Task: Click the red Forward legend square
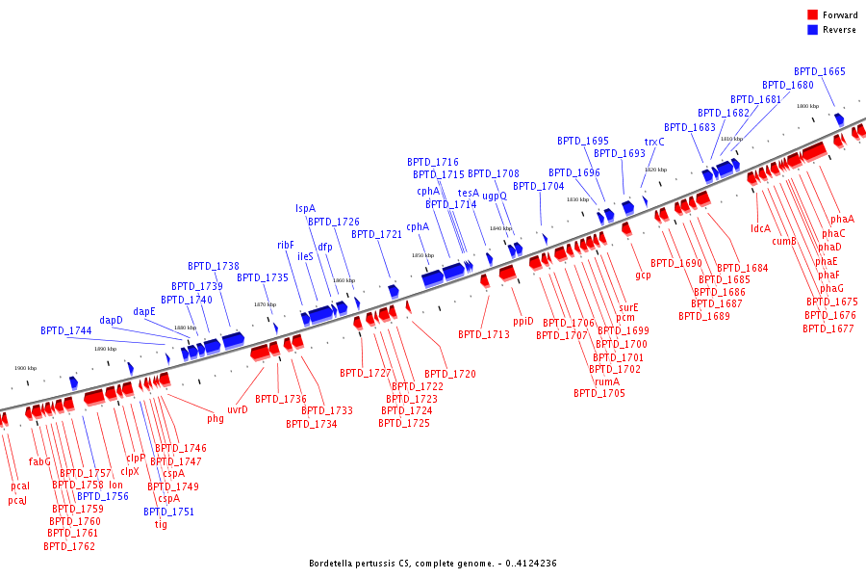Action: pyautogui.click(x=812, y=15)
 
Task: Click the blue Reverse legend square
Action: pyautogui.click(x=812, y=30)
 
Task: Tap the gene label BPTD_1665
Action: pyautogui.click(x=820, y=71)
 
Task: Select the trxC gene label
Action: pyautogui.click(x=654, y=142)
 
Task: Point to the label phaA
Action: pyautogui.click(x=842, y=219)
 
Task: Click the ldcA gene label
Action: pyautogui.click(x=760, y=228)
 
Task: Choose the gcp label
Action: pyautogui.click(x=643, y=276)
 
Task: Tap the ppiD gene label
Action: pyautogui.click(x=522, y=321)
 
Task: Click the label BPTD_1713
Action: pyautogui.click(x=484, y=334)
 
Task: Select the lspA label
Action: pyautogui.click(x=305, y=208)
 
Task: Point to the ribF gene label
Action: pyautogui.click(x=286, y=245)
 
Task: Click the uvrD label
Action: pyautogui.click(x=238, y=409)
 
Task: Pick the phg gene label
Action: pyautogui.click(x=216, y=418)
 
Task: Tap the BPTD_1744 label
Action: pyautogui.click(x=66, y=330)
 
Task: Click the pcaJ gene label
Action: pyautogui.click(x=17, y=500)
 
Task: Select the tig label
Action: pyautogui.click(x=161, y=524)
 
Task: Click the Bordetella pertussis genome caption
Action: pyautogui.click(x=433, y=564)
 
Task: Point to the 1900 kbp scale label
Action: pyautogui.click(x=26, y=368)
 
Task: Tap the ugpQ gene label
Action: pyautogui.click(x=495, y=196)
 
